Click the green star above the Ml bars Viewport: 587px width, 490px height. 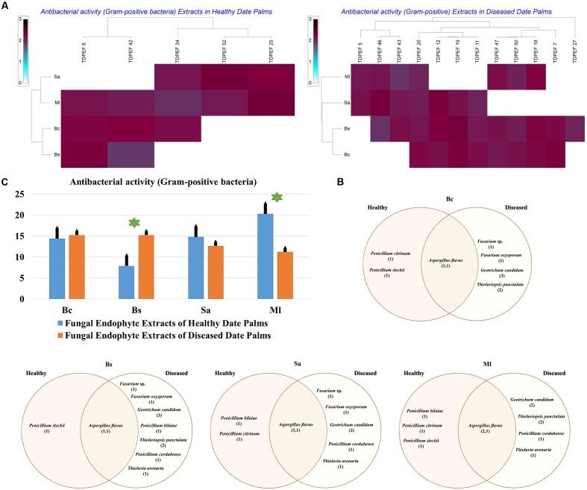[x=277, y=197]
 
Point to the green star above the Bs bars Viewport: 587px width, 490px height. [x=134, y=223]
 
